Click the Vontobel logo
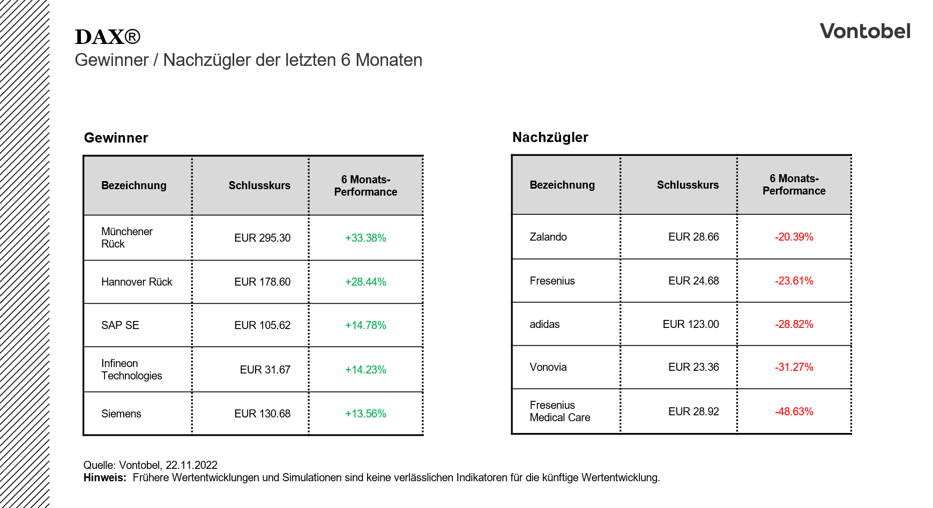tap(864, 31)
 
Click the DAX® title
tap(107, 37)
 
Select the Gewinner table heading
tap(116, 138)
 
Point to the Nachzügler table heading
tap(550, 137)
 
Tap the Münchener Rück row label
tap(126, 237)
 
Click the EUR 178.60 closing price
tap(262, 282)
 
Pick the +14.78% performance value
tap(365, 325)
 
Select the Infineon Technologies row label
tap(131, 369)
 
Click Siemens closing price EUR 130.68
tap(262, 414)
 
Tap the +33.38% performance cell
tap(365, 238)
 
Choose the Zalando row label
tap(548, 237)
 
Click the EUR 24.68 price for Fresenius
tap(693, 281)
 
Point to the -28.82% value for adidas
tap(794, 324)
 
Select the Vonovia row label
tap(548, 367)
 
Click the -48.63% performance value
tap(794, 412)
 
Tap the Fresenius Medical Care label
tap(559, 411)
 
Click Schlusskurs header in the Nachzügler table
tap(688, 185)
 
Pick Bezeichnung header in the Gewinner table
tap(133, 185)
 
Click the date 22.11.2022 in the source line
tap(191, 465)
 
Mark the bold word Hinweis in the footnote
tap(105, 477)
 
